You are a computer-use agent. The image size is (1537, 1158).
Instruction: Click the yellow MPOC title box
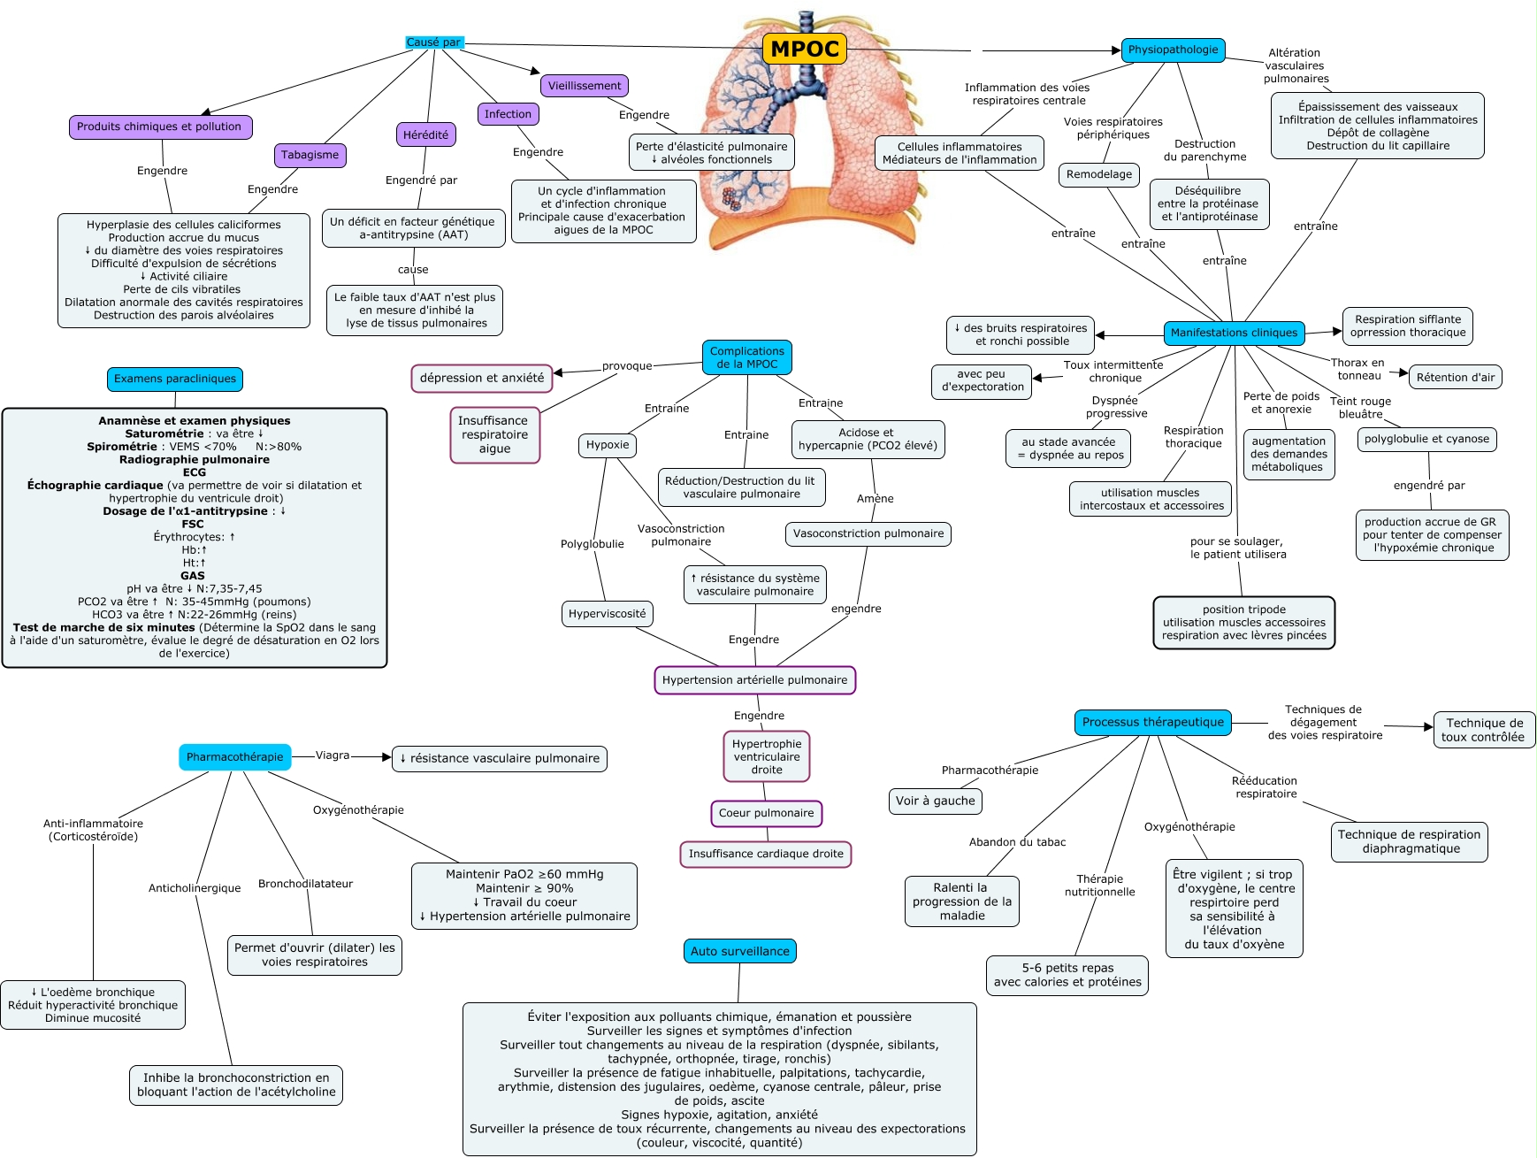pyautogui.click(x=804, y=49)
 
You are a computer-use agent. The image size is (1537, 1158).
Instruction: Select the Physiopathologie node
pyautogui.click(x=1173, y=50)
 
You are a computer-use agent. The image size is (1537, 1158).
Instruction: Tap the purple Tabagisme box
pyautogui.click(x=310, y=155)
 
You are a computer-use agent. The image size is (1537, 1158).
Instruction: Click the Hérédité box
pyautogui.click(x=425, y=134)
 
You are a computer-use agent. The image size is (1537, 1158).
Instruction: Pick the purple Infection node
pyautogui.click(x=508, y=114)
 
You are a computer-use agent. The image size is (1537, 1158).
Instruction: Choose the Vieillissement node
pyautogui.click(x=584, y=86)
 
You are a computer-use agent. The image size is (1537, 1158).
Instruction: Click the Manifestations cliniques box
pyautogui.click(x=1234, y=333)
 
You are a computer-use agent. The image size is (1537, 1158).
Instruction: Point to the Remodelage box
pyautogui.click(x=1098, y=174)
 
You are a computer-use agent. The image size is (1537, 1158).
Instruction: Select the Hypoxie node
pyautogui.click(x=608, y=445)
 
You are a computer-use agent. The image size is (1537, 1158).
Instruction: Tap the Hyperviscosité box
pyautogui.click(x=607, y=614)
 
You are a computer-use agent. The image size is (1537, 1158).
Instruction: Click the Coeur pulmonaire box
pyautogui.click(x=766, y=813)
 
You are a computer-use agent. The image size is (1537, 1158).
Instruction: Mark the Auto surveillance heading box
pyautogui.click(x=739, y=951)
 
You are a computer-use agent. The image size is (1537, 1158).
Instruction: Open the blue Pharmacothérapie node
pyautogui.click(x=234, y=757)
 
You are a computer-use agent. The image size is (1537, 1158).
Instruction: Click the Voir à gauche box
pyautogui.click(x=935, y=801)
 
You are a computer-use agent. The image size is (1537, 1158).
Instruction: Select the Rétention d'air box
pyautogui.click(x=1455, y=377)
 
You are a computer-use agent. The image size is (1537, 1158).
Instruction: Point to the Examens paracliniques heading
pyautogui.click(x=175, y=379)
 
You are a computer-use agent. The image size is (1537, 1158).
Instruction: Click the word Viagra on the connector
pyautogui.click(x=333, y=755)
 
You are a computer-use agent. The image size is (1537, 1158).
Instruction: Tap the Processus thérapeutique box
pyautogui.click(x=1152, y=722)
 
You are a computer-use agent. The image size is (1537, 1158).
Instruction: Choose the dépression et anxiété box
pyautogui.click(x=482, y=378)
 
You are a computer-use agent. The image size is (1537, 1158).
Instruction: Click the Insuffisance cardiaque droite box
pyautogui.click(x=766, y=854)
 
